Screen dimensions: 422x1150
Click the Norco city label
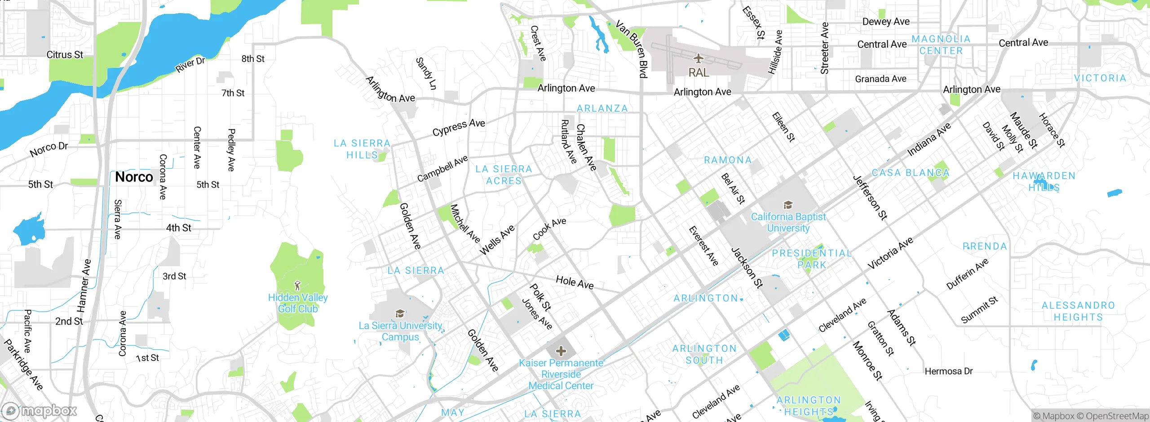(134, 177)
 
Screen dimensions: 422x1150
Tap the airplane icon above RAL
(698, 58)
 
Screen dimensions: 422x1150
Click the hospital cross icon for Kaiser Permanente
(561, 351)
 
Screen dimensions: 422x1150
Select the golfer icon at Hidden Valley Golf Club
(297, 285)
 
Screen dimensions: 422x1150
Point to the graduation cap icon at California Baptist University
(788, 205)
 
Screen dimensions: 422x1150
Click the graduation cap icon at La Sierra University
(400, 313)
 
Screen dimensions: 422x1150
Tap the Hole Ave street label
(575, 282)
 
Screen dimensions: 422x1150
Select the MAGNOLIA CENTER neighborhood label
(941, 45)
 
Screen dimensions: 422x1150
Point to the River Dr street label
(190, 65)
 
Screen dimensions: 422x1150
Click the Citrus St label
(65, 55)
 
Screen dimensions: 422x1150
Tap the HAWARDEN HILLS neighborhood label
(1044, 181)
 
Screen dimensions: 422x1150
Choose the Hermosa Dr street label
(948, 371)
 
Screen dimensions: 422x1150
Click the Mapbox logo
(40, 410)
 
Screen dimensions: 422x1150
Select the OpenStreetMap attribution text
(1117, 416)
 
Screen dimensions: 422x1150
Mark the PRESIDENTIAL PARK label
(811, 259)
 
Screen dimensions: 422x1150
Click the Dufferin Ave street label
(967, 273)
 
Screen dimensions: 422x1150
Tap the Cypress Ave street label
(459, 127)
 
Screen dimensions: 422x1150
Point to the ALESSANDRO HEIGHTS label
(1078, 311)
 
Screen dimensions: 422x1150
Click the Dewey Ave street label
(886, 22)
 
